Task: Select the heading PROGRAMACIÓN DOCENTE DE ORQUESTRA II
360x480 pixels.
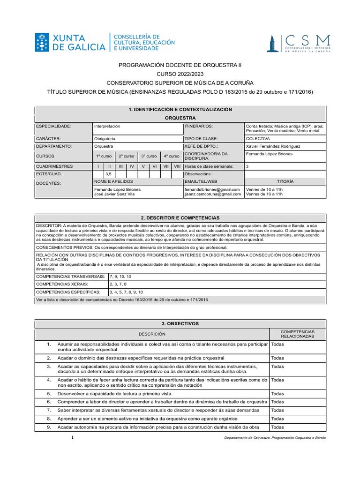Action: coord(180,66)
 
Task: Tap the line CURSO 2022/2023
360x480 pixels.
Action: coord(180,75)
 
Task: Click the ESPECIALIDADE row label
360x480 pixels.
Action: coord(53,127)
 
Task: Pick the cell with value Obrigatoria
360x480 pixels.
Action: coord(105,139)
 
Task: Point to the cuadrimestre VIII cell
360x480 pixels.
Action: coord(177,166)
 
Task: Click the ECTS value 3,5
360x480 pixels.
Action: coord(108,174)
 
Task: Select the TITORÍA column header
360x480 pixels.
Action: coord(285,181)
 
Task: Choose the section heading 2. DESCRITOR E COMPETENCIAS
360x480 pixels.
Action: coord(180,218)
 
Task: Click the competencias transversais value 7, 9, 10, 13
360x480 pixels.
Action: coord(121,277)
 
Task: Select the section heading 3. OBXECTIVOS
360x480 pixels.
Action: coord(180,324)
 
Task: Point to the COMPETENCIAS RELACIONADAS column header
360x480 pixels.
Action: coord(298,334)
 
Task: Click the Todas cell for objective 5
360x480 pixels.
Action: coord(277,394)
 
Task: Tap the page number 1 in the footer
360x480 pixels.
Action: coord(73,437)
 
